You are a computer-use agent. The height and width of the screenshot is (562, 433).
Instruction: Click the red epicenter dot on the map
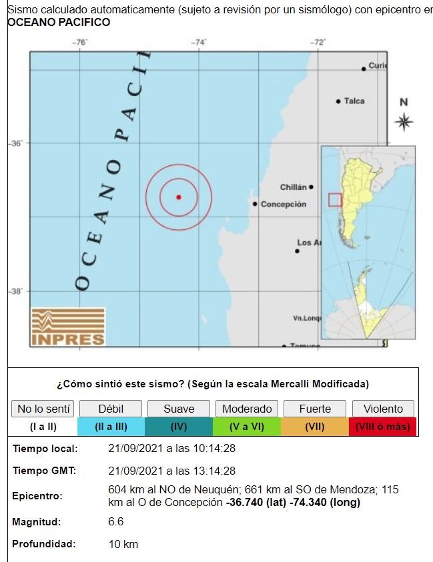pyautogui.click(x=179, y=197)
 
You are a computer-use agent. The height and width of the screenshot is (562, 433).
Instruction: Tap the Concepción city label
pyautogui.click(x=283, y=204)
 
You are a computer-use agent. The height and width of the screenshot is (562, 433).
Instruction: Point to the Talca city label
pyautogui.click(x=354, y=101)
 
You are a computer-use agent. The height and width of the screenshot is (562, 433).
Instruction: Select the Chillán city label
pyautogui.click(x=294, y=187)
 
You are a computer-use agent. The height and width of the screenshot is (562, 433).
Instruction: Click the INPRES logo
pyautogui.click(x=68, y=327)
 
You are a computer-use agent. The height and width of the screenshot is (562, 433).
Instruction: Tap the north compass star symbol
pyautogui.click(x=404, y=122)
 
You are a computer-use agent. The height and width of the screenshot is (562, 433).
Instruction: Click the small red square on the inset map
pyautogui.click(x=335, y=199)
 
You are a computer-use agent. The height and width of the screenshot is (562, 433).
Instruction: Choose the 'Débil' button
pyautogui.click(x=111, y=409)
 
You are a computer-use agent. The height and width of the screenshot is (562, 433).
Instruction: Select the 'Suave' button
pyautogui.click(x=179, y=409)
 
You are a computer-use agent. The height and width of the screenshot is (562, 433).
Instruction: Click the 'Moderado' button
pyautogui.click(x=247, y=409)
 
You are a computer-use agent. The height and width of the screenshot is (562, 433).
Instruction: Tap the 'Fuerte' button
pyautogui.click(x=315, y=409)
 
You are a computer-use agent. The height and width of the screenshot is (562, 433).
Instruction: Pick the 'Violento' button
pyautogui.click(x=383, y=409)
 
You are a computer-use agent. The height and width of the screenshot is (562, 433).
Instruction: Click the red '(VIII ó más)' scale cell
pyautogui.click(x=383, y=427)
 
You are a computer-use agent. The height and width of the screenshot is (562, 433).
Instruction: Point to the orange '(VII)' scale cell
pyautogui.click(x=315, y=427)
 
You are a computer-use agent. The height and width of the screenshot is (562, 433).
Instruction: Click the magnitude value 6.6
pyautogui.click(x=116, y=521)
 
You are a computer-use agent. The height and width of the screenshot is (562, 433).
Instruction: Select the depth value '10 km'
pyautogui.click(x=123, y=544)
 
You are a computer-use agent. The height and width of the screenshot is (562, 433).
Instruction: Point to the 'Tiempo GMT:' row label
pyautogui.click(x=44, y=471)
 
